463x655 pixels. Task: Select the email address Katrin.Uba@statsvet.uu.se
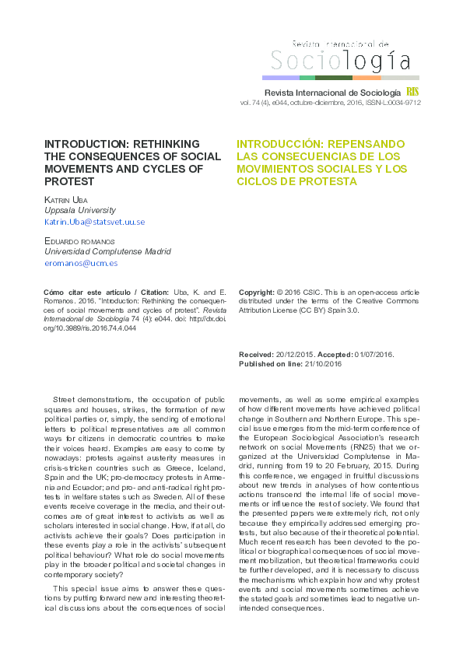click(x=94, y=222)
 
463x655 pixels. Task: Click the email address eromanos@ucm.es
click(x=80, y=263)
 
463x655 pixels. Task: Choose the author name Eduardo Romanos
click(x=79, y=241)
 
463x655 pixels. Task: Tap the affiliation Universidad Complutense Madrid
click(x=107, y=251)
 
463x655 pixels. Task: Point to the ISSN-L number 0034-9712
click(x=404, y=102)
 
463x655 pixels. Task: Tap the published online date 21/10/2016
click(x=324, y=363)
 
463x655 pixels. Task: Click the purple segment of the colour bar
click(x=280, y=78)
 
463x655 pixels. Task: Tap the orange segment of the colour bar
click(x=367, y=78)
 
